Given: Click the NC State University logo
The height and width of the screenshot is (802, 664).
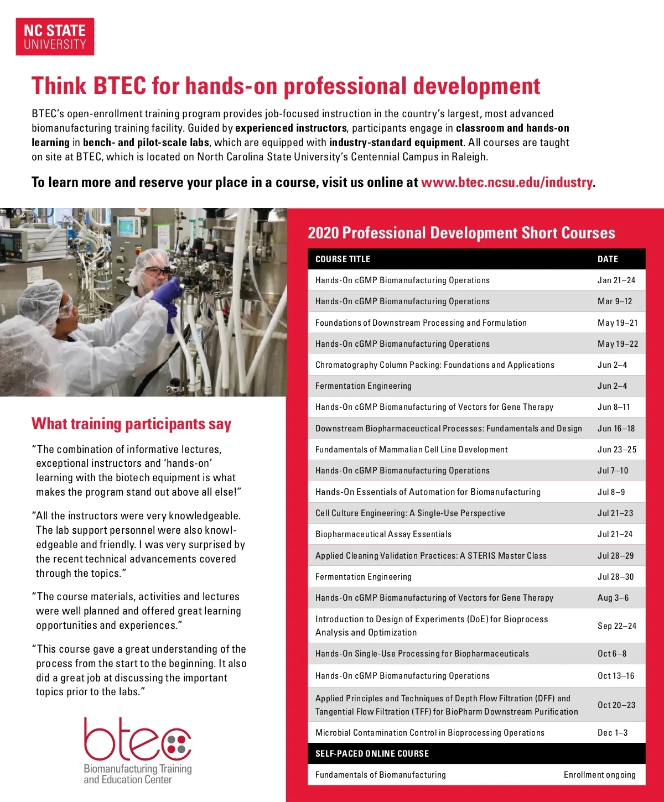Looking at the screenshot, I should [x=55, y=37].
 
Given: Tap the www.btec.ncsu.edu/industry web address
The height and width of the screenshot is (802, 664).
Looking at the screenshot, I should [x=506, y=183].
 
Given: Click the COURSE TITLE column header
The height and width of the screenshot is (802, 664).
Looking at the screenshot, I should [x=343, y=259].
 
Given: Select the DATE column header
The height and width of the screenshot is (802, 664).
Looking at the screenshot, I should [x=608, y=259].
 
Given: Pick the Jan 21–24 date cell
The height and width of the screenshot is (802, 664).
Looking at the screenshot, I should [x=616, y=280].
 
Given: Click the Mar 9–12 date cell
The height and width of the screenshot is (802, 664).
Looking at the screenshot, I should [x=614, y=301].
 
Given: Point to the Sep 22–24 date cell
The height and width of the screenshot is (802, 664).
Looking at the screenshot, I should [x=616, y=626].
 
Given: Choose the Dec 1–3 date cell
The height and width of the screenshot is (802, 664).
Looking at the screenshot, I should [x=613, y=732].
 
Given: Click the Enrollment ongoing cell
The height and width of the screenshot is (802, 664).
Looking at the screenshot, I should [x=599, y=774].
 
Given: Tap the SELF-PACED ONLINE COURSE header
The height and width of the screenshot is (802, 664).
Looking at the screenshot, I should [x=372, y=753].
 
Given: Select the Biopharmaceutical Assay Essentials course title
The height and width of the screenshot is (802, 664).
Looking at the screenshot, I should [x=383, y=534].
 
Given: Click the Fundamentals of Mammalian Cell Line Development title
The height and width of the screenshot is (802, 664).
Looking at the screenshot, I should [x=411, y=450].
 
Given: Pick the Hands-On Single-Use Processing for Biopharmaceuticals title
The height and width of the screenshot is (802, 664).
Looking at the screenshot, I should [x=422, y=654].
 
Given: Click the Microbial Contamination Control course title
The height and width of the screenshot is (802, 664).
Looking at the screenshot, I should [x=429, y=732].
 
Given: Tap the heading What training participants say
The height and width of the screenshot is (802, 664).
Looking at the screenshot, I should [x=131, y=424].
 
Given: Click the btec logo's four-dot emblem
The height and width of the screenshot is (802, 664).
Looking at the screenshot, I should [x=176, y=744].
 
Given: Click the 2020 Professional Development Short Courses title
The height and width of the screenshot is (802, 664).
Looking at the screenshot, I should [x=461, y=233].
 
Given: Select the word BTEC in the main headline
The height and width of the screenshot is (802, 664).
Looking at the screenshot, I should [x=119, y=86].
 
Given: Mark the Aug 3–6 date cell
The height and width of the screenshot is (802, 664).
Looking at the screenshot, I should [x=613, y=598].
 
